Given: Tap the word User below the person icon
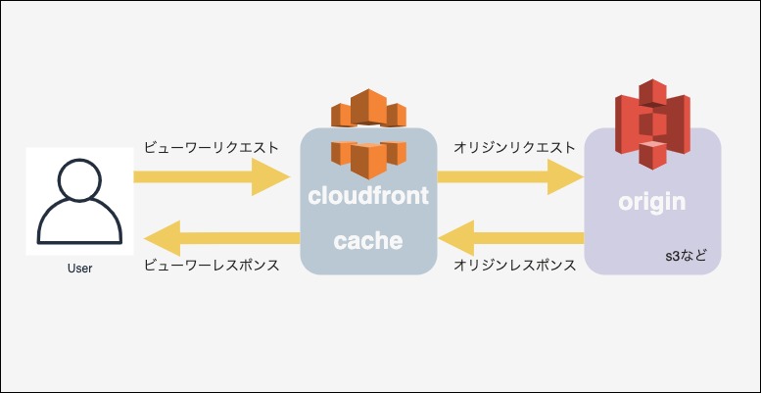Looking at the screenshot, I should click(79, 268).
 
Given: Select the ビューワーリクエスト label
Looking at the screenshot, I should click(211, 148).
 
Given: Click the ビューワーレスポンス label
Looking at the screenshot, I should click(211, 266).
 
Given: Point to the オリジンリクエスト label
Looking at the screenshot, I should click(514, 148).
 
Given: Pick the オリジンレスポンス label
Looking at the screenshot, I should click(514, 266).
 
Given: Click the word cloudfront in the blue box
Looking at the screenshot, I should click(368, 195).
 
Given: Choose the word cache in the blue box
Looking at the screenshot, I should click(368, 239).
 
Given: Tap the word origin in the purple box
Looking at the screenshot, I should click(651, 203).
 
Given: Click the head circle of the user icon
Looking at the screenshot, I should click(79, 179).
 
